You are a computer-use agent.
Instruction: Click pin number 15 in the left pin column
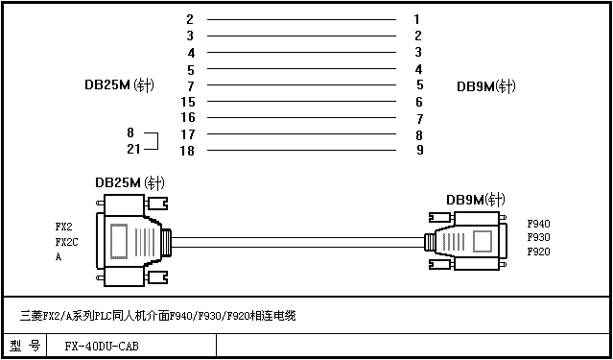pos(188,102)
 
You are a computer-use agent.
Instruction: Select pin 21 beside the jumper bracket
pos(133,149)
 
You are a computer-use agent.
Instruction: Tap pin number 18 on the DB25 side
pos(187,151)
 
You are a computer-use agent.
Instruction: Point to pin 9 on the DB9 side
pos(419,150)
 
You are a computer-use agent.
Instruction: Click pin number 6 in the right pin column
pos(419,102)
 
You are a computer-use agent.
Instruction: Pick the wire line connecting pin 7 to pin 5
pos(301,84)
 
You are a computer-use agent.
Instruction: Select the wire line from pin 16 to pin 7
pos(301,117)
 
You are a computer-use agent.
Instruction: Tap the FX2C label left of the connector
pos(67,243)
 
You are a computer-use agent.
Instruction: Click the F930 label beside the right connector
pos(539,237)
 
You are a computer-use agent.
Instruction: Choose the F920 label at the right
pos(539,252)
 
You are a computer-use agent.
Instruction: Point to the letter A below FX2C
pos(59,257)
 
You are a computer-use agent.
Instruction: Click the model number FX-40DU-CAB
pos(102,347)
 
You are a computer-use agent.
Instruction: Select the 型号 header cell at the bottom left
pos(25,346)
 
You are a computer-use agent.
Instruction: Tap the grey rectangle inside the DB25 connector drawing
pos(119,241)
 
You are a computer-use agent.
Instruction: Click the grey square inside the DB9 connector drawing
pos(483,241)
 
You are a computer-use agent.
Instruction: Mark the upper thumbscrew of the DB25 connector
pos(156,204)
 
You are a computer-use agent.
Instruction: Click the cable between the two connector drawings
pos(297,242)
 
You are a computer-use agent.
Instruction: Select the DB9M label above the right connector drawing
pos(476,200)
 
